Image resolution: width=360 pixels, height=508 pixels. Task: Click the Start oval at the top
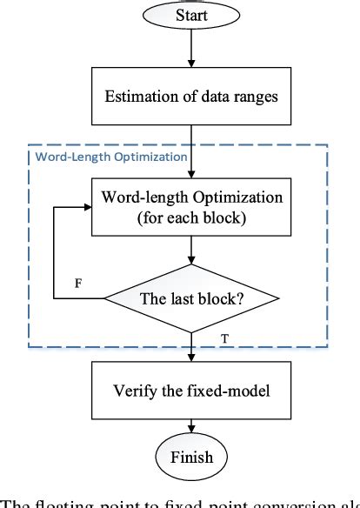pos(190,16)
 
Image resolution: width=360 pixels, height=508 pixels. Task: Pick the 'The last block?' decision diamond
pos(190,298)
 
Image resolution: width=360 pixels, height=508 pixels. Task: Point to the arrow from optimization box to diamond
pos(190,252)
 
